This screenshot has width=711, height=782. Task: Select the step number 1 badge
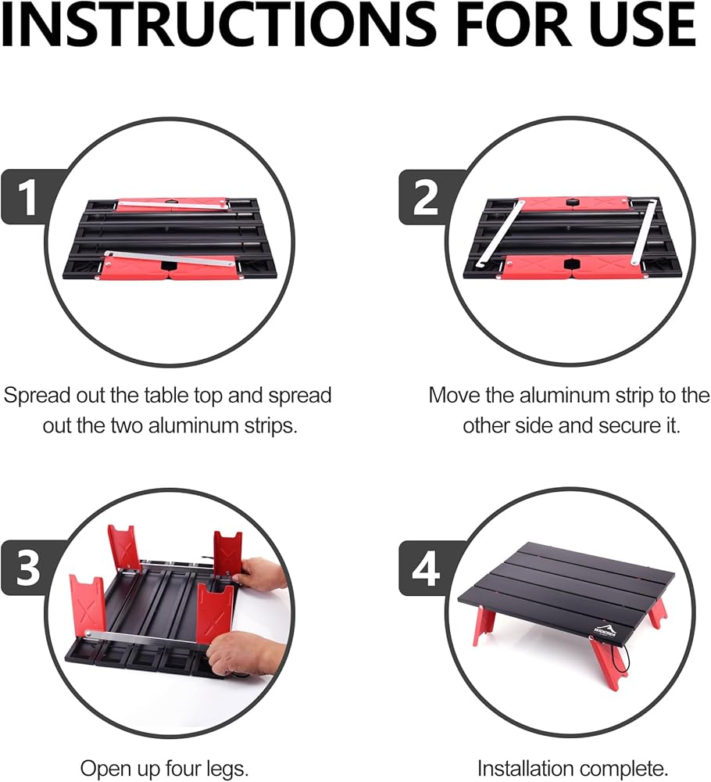point(28,198)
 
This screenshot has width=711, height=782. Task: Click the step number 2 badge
point(427,198)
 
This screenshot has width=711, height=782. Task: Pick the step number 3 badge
point(28,568)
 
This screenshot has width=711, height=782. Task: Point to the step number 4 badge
point(427,568)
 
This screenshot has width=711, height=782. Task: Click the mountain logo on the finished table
point(605,629)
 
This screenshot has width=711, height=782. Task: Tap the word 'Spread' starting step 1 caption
point(37,396)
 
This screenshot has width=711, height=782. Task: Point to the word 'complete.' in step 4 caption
point(627,769)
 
